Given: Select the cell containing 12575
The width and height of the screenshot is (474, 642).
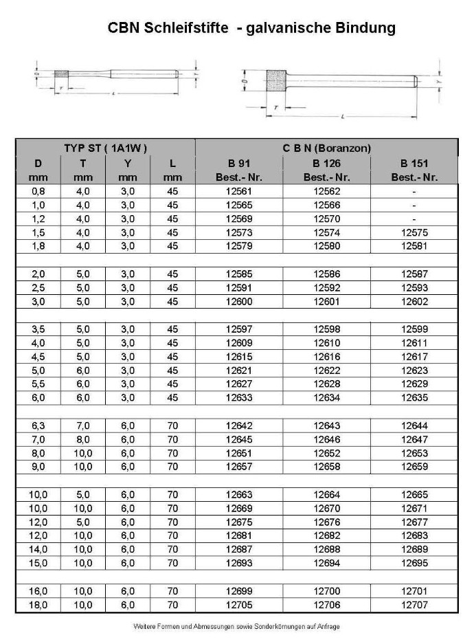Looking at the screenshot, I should click(x=414, y=233).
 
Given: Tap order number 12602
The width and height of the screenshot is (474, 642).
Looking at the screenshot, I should click(x=414, y=302).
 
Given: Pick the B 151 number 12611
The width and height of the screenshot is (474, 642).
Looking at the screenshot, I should click(x=414, y=343).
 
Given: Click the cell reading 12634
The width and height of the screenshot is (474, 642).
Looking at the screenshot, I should click(x=327, y=398).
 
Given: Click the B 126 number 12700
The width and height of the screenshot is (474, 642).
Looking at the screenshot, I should click(x=327, y=591).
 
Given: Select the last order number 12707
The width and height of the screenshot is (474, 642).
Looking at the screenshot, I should click(x=414, y=605).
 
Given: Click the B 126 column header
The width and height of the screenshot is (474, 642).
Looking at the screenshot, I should click(x=327, y=164).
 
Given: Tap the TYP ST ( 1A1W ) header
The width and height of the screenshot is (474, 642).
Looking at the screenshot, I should click(x=106, y=148).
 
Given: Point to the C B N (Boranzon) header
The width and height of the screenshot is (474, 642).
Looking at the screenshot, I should click(x=327, y=148).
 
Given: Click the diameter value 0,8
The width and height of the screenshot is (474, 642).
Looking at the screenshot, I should click(x=38, y=192).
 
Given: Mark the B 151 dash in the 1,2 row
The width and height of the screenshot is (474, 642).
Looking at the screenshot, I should click(x=414, y=219).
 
